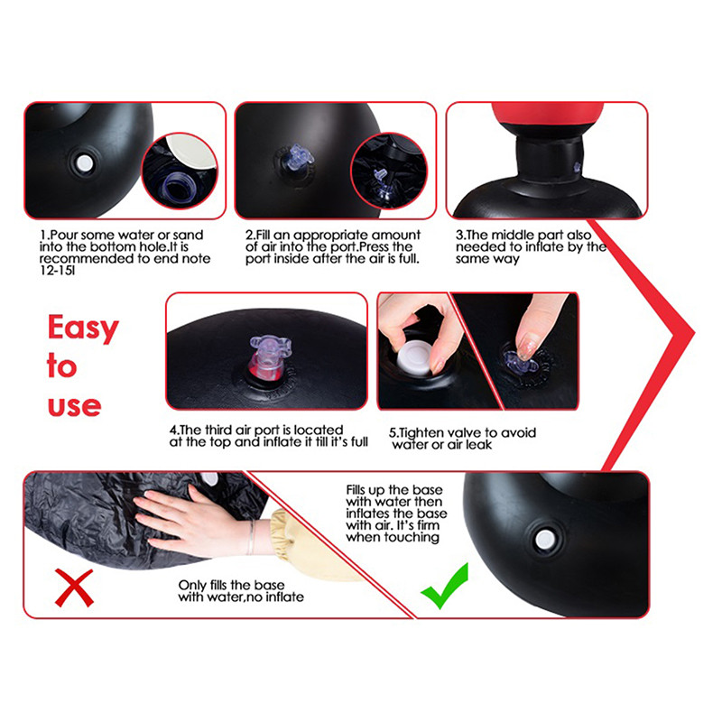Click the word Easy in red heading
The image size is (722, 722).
coord(83,329)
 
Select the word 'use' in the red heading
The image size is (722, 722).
coord(74,405)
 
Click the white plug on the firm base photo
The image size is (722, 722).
coord(545,539)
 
